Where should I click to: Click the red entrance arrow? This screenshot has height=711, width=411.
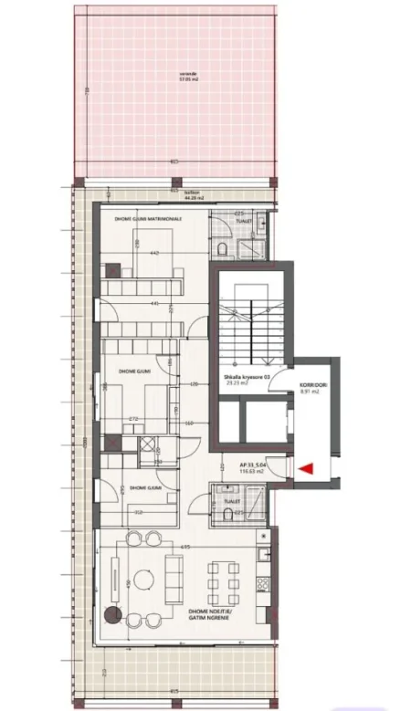[307, 468]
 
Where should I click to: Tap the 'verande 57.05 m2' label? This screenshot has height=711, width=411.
[190, 77]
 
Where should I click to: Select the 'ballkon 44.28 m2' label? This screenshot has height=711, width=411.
[191, 193]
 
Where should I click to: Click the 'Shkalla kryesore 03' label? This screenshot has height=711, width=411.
[241, 379]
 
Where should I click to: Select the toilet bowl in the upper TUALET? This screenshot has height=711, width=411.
[222, 248]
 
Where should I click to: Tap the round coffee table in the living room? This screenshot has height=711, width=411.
[143, 579]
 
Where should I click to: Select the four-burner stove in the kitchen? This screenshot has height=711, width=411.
[265, 580]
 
